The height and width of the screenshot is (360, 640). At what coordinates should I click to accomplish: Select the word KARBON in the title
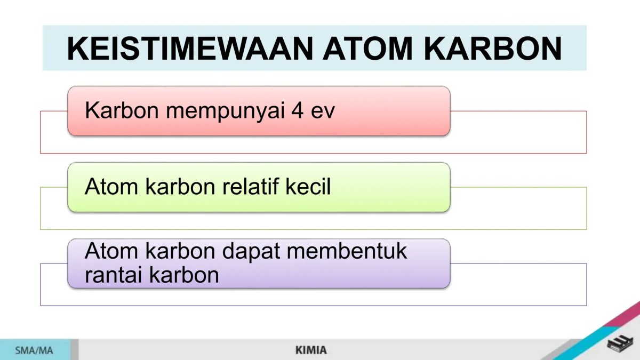click(498, 49)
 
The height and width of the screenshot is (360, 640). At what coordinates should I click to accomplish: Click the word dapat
click(251, 252)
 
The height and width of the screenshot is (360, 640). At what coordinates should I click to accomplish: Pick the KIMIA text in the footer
click(311, 350)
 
